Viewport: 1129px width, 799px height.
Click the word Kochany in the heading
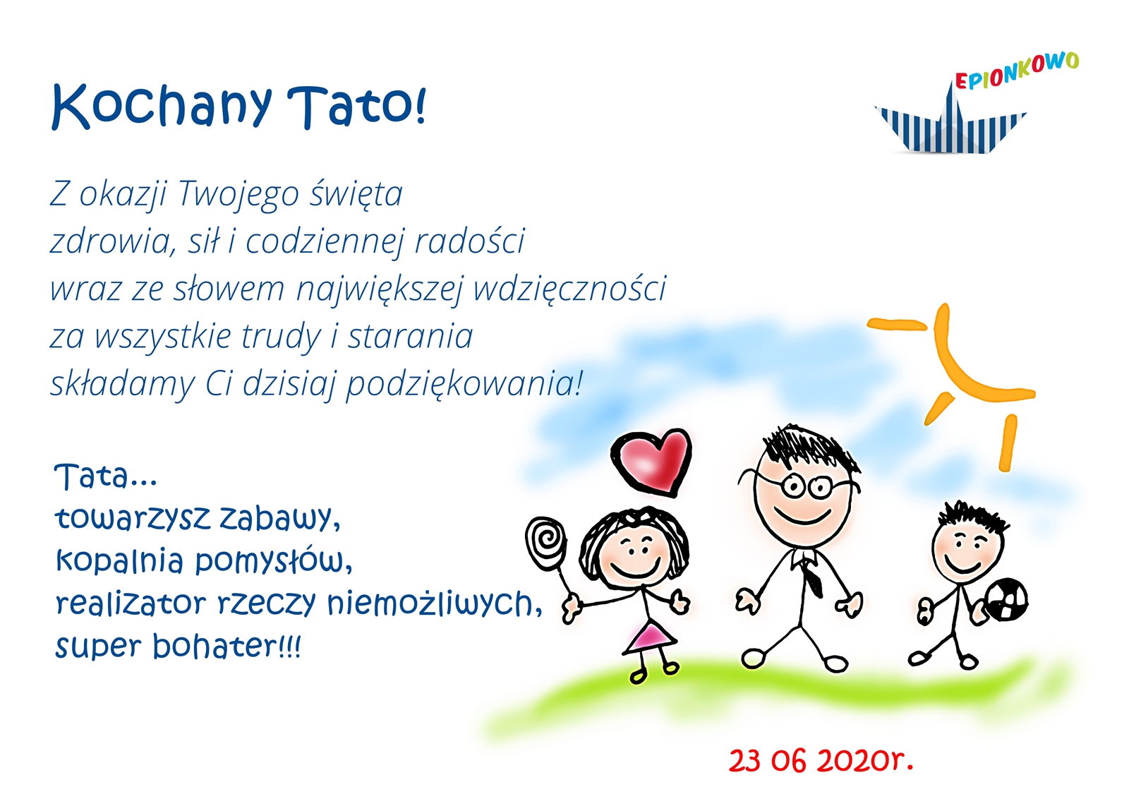tap(162, 107)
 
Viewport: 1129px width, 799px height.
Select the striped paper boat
tap(950, 124)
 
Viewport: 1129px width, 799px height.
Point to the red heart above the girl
tap(651, 460)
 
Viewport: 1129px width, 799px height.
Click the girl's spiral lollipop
tap(546, 544)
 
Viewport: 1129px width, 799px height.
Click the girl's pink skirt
tap(650, 637)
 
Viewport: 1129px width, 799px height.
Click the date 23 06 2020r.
tap(821, 761)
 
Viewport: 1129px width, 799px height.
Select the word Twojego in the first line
tap(239, 193)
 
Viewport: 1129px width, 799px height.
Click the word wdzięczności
tap(570, 289)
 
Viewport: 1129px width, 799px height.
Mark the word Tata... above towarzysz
tap(106, 476)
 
